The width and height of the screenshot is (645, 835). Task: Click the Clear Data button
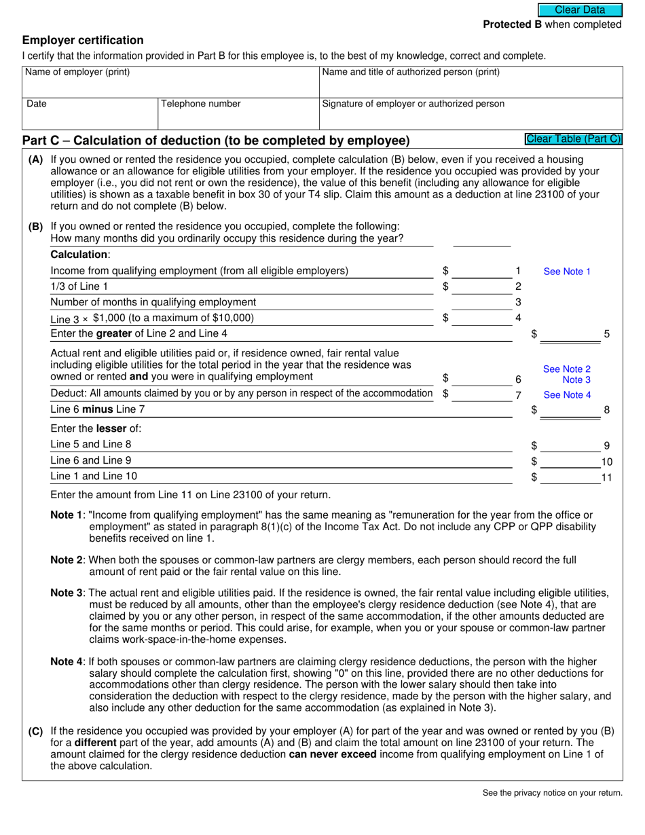[580, 10]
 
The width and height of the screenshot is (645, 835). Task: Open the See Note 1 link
[567, 272]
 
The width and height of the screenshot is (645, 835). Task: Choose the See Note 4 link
[567, 395]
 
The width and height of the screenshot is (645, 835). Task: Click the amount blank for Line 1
[482, 271]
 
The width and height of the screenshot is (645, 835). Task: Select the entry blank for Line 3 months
[482, 302]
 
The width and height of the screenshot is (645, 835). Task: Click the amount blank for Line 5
[570, 333]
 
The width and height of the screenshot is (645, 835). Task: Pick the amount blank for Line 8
[570, 409]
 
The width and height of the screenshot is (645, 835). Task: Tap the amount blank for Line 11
[570, 477]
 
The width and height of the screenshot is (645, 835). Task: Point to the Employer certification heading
[83, 40]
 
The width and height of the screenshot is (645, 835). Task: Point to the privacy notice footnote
[552, 792]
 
